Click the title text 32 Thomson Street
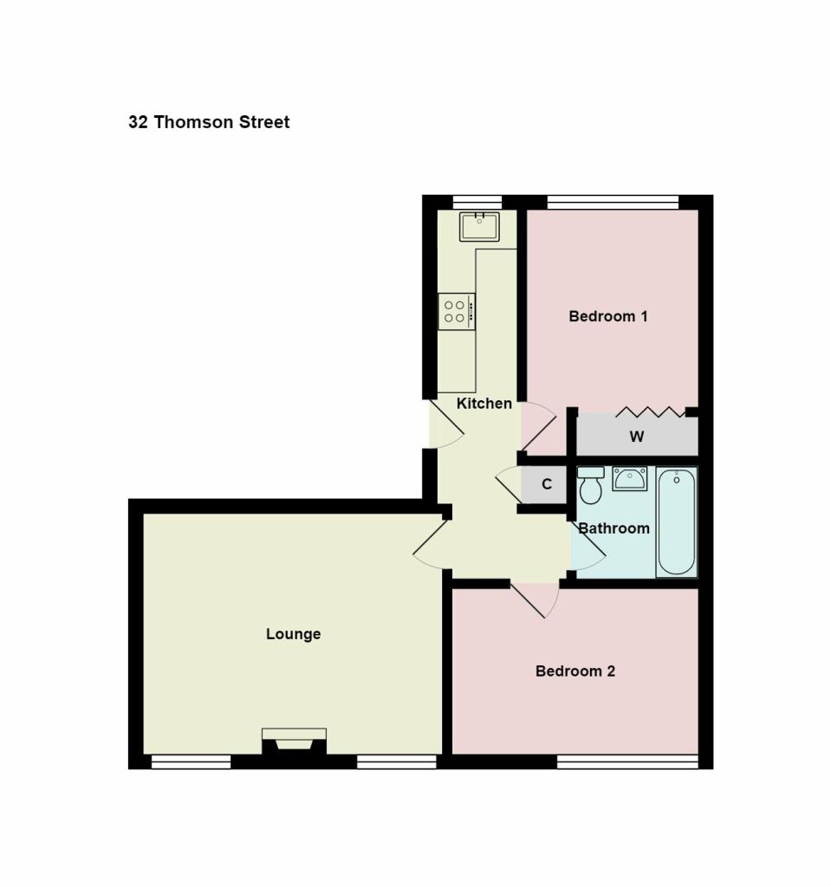click(209, 122)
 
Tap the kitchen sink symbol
click(479, 226)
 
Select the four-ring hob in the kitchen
click(456, 312)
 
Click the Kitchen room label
click(484, 404)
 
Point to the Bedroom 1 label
click(607, 316)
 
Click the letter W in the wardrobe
click(636, 437)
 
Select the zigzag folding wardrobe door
click(650, 411)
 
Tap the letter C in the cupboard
click(547, 484)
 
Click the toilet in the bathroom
click(591, 485)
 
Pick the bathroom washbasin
click(629, 478)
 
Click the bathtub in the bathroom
click(676, 522)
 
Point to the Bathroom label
click(614, 528)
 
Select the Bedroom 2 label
click(575, 671)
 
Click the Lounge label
click(293, 634)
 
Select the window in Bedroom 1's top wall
click(613, 203)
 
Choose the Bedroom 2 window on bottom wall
click(626, 761)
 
